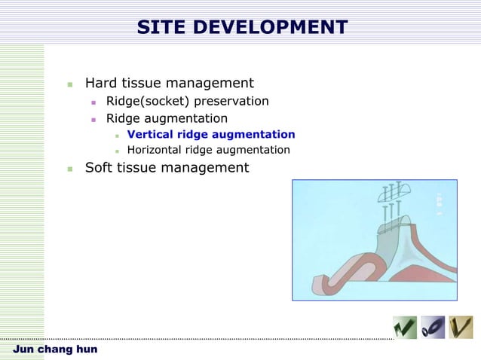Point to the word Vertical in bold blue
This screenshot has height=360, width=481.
click(x=151, y=135)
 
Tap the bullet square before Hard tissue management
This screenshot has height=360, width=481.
click(x=69, y=84)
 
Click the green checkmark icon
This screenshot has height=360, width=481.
click(x=404, y=327)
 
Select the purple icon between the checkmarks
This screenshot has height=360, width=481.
click(x=432, y=327)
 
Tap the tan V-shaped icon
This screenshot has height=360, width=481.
click(x=460, y=327)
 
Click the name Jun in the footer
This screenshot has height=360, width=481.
click(x=25, y=349)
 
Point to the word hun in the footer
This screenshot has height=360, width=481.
click(x=85, y=349)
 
